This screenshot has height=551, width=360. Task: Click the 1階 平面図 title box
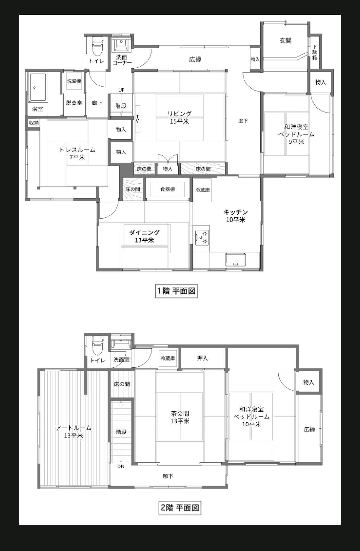pyautogui.click(x=176, y=291)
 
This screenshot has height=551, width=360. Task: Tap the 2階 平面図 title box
pyautogui.click(x=180, y=508)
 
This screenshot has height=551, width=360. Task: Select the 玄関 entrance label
pyautogui.click(x=285, y=41)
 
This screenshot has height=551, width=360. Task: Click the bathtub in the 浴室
pyautogui.click(x=38, y=88)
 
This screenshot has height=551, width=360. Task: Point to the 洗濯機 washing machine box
pyautogui.click(x=74, y=81)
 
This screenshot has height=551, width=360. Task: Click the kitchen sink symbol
pyautogui.click(x=236, y=260)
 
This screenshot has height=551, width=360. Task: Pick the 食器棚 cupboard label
pyautogui.click(x=168, y=189)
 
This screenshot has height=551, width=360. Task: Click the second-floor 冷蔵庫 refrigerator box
pyautogui.click(x=168, y=358)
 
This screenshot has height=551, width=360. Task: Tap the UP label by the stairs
pyautogui.click(x=122, y=90)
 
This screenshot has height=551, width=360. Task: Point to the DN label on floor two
pyautogui.click(x=121, y=466)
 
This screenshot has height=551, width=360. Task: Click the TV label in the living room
pyautogui.click(x=138, y=118)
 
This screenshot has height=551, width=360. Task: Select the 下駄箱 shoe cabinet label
pyautogui.click(x=315, y=52)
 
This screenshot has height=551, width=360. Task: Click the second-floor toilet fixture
pyautogui.click(x=97, y=344)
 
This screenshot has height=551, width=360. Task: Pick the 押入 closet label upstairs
pyautogui.click(x=203, y=358)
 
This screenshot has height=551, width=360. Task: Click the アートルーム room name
pyautogui.click(x=74, y=428)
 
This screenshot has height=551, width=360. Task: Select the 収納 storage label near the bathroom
pyautogui.click(x=34, y=123)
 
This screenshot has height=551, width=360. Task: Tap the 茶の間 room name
pyautogui.click(x=180, y=413)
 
